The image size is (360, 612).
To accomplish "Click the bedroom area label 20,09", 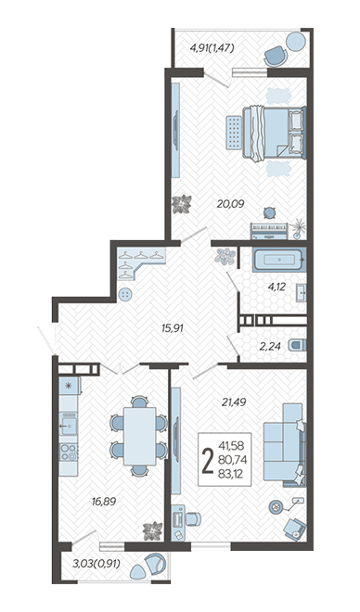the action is (x=231, y=203).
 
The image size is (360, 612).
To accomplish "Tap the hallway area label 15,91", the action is (x=173, y=328).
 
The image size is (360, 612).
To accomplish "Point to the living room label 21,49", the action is (x=234, y=402).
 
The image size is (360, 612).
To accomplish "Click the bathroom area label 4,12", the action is (x=276, y=287).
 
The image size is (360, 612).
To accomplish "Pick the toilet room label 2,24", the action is (x=270, y=346).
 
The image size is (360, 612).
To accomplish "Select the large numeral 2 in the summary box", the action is (x=207, y=460).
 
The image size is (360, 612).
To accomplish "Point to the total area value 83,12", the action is (x=231, y=475).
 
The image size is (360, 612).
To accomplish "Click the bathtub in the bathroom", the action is (x=279, y=260).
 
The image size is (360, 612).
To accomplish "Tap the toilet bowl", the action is (x=298, y=345).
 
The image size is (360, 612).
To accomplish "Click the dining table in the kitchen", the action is (x=140, y=436).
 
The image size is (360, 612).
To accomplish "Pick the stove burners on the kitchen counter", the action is (x=69, y=453).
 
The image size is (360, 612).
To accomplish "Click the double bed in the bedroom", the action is (x=274, y=134).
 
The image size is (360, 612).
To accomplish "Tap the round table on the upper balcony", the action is (x=296, y=41).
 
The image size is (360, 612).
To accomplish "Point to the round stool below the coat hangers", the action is (x=125, y=295).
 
